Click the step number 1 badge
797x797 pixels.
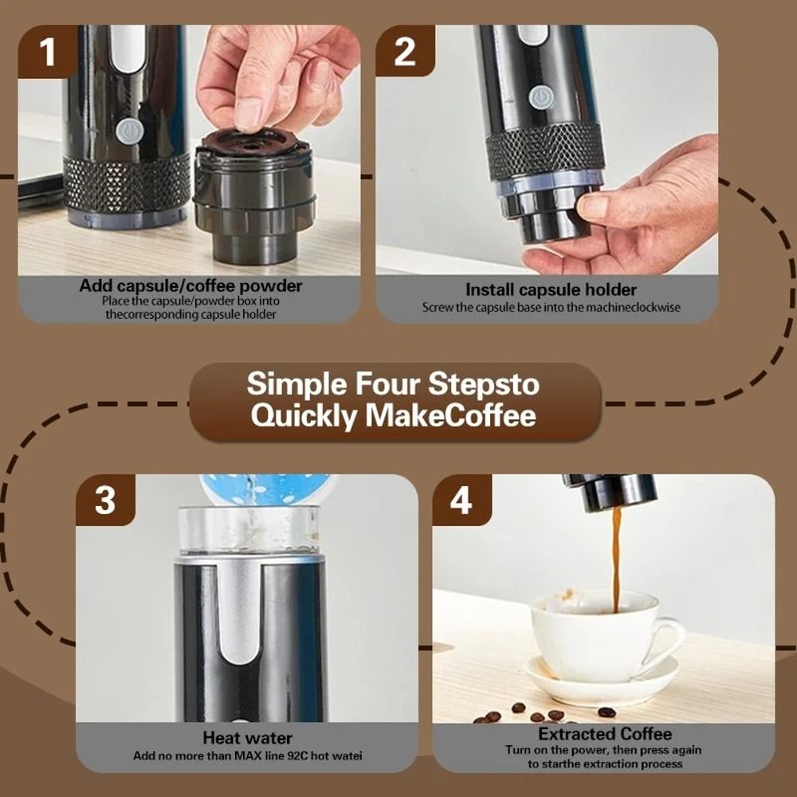pyautogui.click(x=48, y=52)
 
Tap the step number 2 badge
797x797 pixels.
pyautogui.click(x=405, y=52)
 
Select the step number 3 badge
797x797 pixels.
pyautogui.click(x=105, y=501)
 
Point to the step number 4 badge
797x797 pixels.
pyautogui.click(x=461, y=501)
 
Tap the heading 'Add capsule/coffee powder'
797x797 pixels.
pyautogui.click(x=190, y=285)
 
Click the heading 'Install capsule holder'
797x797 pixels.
pyautogui.click(x=551, y=289)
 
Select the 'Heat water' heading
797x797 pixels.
pyautogui.click(x=247, y=737)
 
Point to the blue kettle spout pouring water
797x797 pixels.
pyautogui.click(x=263, y=489)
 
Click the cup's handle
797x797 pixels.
pyautogui.click(x=668, y=638)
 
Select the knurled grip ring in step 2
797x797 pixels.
pyautogui.click(x=545, y=151)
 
